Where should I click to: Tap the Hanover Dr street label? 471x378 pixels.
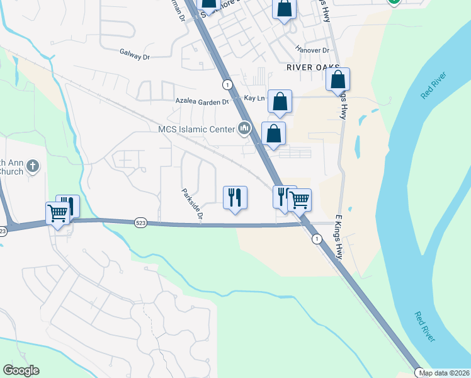(312, 50)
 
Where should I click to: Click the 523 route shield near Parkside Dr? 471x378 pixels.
(140, 223)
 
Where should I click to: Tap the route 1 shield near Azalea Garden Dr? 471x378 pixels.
(227, 84)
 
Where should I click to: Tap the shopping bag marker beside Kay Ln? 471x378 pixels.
(280, 101)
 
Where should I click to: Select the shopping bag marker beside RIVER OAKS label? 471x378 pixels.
(338, 79)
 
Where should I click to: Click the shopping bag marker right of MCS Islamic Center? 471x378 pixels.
(274, 133)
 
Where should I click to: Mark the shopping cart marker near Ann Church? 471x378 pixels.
(57, 214)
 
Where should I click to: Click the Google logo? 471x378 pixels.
(21, 370)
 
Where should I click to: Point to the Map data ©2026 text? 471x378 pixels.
(445, 372)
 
